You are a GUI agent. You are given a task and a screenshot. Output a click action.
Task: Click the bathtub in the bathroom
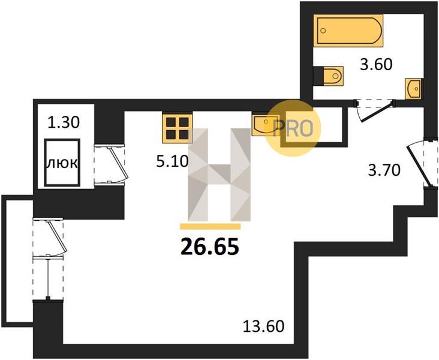point(348,30)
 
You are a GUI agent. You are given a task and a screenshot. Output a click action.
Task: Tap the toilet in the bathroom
point(328,76)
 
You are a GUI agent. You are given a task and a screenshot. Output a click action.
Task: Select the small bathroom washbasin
point(413,89)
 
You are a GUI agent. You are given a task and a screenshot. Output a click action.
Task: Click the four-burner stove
point(178,127)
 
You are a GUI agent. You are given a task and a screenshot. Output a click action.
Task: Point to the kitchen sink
point(266,124)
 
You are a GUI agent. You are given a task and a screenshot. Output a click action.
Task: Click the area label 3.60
point(376,64)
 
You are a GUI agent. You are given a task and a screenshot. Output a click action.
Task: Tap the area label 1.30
point(64,122)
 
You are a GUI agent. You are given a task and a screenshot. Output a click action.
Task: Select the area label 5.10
point(172,161)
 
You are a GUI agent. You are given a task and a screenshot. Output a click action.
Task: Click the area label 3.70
point(384,170)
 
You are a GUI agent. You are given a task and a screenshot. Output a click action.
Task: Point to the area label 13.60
point(263,326)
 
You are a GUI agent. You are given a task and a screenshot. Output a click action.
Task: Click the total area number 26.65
point(210,247)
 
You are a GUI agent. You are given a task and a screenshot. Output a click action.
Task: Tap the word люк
point(62,163)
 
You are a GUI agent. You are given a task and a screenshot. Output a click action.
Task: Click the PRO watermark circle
point(293,128)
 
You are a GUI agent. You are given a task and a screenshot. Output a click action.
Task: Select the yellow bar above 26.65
point(211,227)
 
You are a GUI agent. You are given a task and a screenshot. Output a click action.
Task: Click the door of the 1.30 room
point(110,164)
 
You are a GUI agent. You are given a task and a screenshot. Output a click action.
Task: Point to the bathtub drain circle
point(323,30)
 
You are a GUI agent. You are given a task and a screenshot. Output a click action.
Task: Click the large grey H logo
point(220,175)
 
